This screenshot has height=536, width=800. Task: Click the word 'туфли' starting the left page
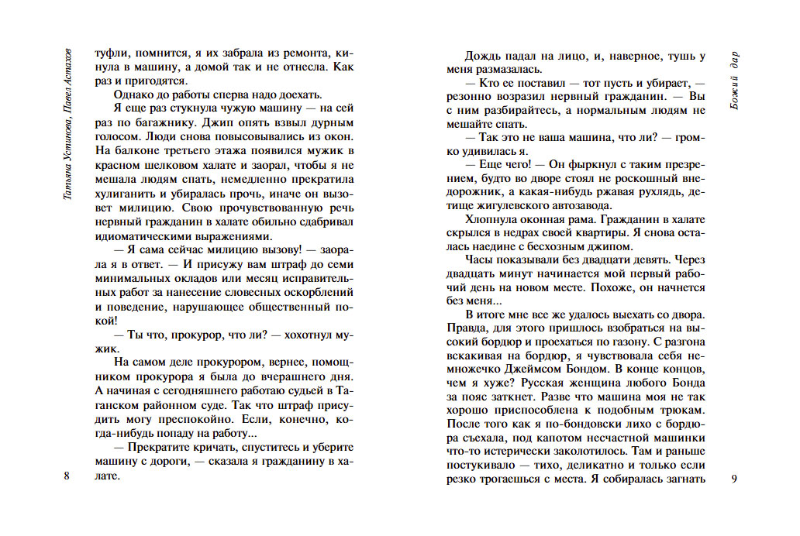(x=109, y=54)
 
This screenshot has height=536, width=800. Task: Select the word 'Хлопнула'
(x=491, y=219)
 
